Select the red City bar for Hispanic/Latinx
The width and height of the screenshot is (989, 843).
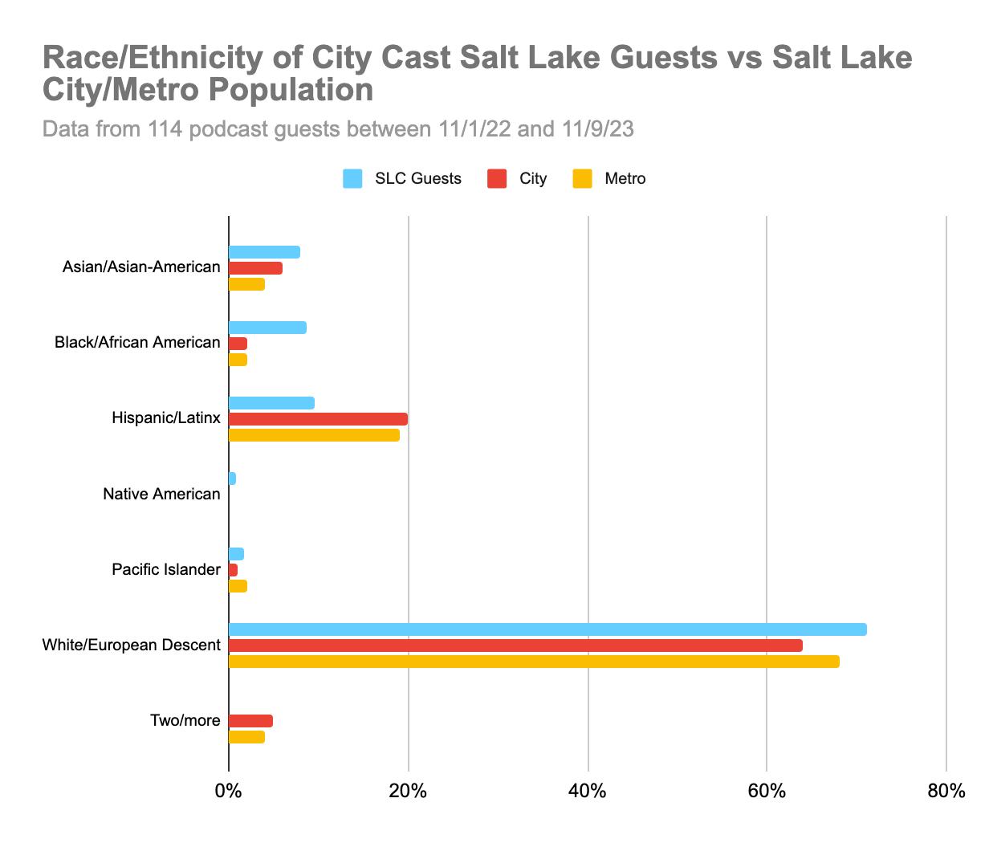pyautogui.click(x=318, y=419)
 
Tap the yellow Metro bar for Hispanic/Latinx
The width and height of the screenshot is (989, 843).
pyautogui.click(x=314, y=435)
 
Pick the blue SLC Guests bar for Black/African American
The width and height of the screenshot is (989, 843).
pyautogui.click(x=267, y=328)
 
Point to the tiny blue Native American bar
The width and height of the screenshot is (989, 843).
pyautogui.click(x=232, y=479)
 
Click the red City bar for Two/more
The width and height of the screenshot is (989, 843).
pyautogui.click(x=250, y=721)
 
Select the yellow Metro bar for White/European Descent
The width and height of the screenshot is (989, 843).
pyautogui.click(x=534, y=662)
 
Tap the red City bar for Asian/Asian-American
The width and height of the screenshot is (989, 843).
pyautogui.click(x=255, y=268)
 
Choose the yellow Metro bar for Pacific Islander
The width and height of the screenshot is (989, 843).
pyautogui.click(x=238, y=586)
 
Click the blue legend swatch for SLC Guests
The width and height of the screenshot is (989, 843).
pyautogui.click(x=352, y=179)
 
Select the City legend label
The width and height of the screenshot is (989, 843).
pyautogui.click(x=533, y=179)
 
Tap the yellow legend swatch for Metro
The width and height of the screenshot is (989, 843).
pyautogui.click(x=582, y=179)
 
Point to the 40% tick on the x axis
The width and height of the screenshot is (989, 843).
pyautogui.click(x=588, y=792)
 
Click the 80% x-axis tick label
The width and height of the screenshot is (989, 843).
pyautogui.click(x=946, y=792)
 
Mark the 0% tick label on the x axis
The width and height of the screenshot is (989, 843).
pyautogui.click(x=229, y=792)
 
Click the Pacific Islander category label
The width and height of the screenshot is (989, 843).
pyautogui.click(x=166, y=570)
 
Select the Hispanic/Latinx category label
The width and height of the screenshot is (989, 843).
pyautogui.click(x=166, y=418)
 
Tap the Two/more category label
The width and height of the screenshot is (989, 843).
pyautogui.click(x=185, y=721)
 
